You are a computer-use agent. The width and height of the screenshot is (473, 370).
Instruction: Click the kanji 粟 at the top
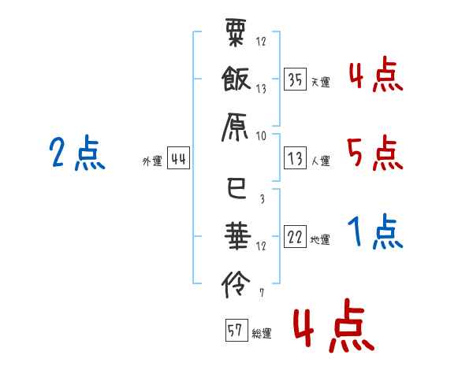point(236,32)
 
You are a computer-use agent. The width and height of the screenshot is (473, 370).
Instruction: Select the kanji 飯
point(236,79)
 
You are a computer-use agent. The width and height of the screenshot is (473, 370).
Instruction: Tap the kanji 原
point(235,128)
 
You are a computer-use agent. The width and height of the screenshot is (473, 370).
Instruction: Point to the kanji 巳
point(236,188)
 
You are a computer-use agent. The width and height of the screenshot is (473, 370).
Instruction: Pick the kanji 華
point(238,236)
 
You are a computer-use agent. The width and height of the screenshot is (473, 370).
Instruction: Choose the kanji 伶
point(236,284)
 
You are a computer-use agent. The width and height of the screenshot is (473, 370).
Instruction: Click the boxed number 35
point(295,80)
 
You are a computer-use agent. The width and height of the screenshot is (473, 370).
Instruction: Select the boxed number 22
point(295,236)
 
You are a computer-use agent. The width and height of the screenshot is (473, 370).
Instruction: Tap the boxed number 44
point(178,158)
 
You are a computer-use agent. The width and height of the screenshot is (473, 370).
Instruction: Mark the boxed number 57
point(236,330)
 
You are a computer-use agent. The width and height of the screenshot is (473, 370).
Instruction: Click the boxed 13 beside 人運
point(295,158)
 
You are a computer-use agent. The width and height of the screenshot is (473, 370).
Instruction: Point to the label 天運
point(320,82)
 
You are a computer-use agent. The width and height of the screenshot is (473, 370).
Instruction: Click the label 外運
point(152,161)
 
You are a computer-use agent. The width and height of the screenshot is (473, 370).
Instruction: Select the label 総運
point(262,333)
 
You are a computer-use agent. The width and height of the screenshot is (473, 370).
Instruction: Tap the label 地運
point(320,240)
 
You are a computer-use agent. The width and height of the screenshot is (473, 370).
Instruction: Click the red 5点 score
point(374,153)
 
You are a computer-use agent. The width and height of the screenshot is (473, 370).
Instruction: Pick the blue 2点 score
point(77,153)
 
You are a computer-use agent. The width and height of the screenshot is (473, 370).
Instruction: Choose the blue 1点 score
point(375,231)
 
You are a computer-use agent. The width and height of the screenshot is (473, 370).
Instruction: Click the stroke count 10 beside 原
point(261,136)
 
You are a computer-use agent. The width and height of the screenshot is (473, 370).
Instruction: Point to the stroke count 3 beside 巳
point(263,198)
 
